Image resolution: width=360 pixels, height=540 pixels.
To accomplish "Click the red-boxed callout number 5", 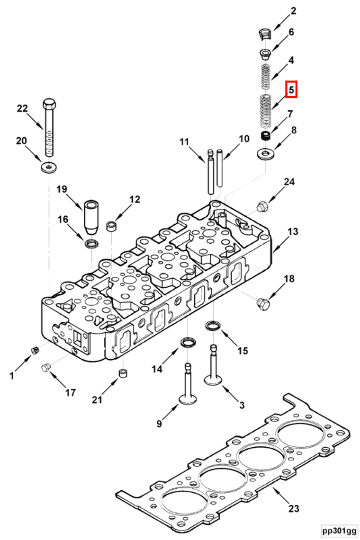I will click(291, 89).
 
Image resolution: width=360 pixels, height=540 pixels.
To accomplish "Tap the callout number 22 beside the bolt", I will click(22, 108).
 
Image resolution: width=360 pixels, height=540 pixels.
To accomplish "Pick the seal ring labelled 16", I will click(91, 244).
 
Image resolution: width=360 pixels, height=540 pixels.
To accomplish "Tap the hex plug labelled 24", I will click(261, 206).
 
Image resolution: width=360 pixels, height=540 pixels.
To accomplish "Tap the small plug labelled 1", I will click(34, 350).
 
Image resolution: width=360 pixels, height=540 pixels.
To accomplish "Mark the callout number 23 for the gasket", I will click(294, 508).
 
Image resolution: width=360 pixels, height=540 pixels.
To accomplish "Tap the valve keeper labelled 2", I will click(266, 33).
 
